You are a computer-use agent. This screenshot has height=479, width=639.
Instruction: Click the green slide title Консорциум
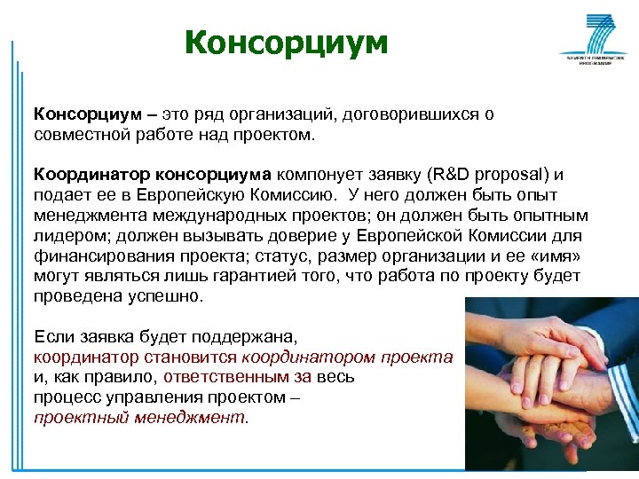click(x=287, y=43)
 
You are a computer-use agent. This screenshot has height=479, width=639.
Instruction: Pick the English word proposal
click(x=521, y=174)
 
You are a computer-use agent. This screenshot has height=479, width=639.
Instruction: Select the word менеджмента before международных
click(x=84, y=215)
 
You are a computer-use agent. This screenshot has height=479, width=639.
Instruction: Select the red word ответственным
click(x=218, y=377)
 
